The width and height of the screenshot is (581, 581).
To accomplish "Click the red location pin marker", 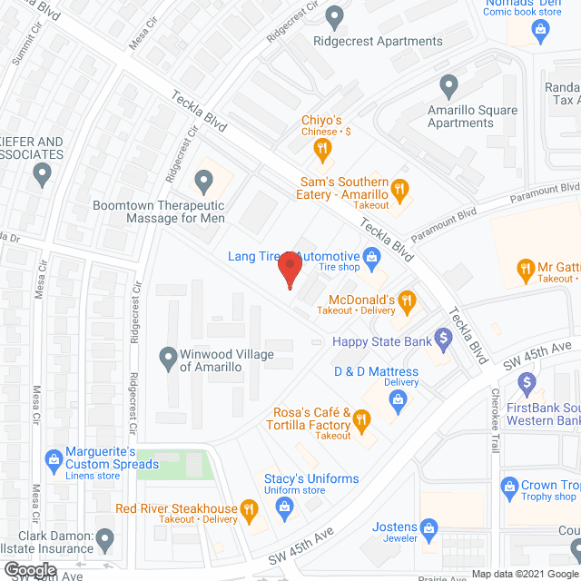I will pos(289,270).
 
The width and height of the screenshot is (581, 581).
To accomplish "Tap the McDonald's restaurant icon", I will pos(408,300).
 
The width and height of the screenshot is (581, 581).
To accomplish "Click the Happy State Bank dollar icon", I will pos(443,340).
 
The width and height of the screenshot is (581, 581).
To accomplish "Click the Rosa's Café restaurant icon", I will pos(362,419).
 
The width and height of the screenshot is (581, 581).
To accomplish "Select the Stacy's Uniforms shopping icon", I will pos(284,505).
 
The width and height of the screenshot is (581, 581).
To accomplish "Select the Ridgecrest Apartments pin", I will pos(334,16).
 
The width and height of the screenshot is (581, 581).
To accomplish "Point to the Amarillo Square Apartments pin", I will pos(448,87).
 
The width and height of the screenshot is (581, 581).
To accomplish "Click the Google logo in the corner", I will pos(30,570).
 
